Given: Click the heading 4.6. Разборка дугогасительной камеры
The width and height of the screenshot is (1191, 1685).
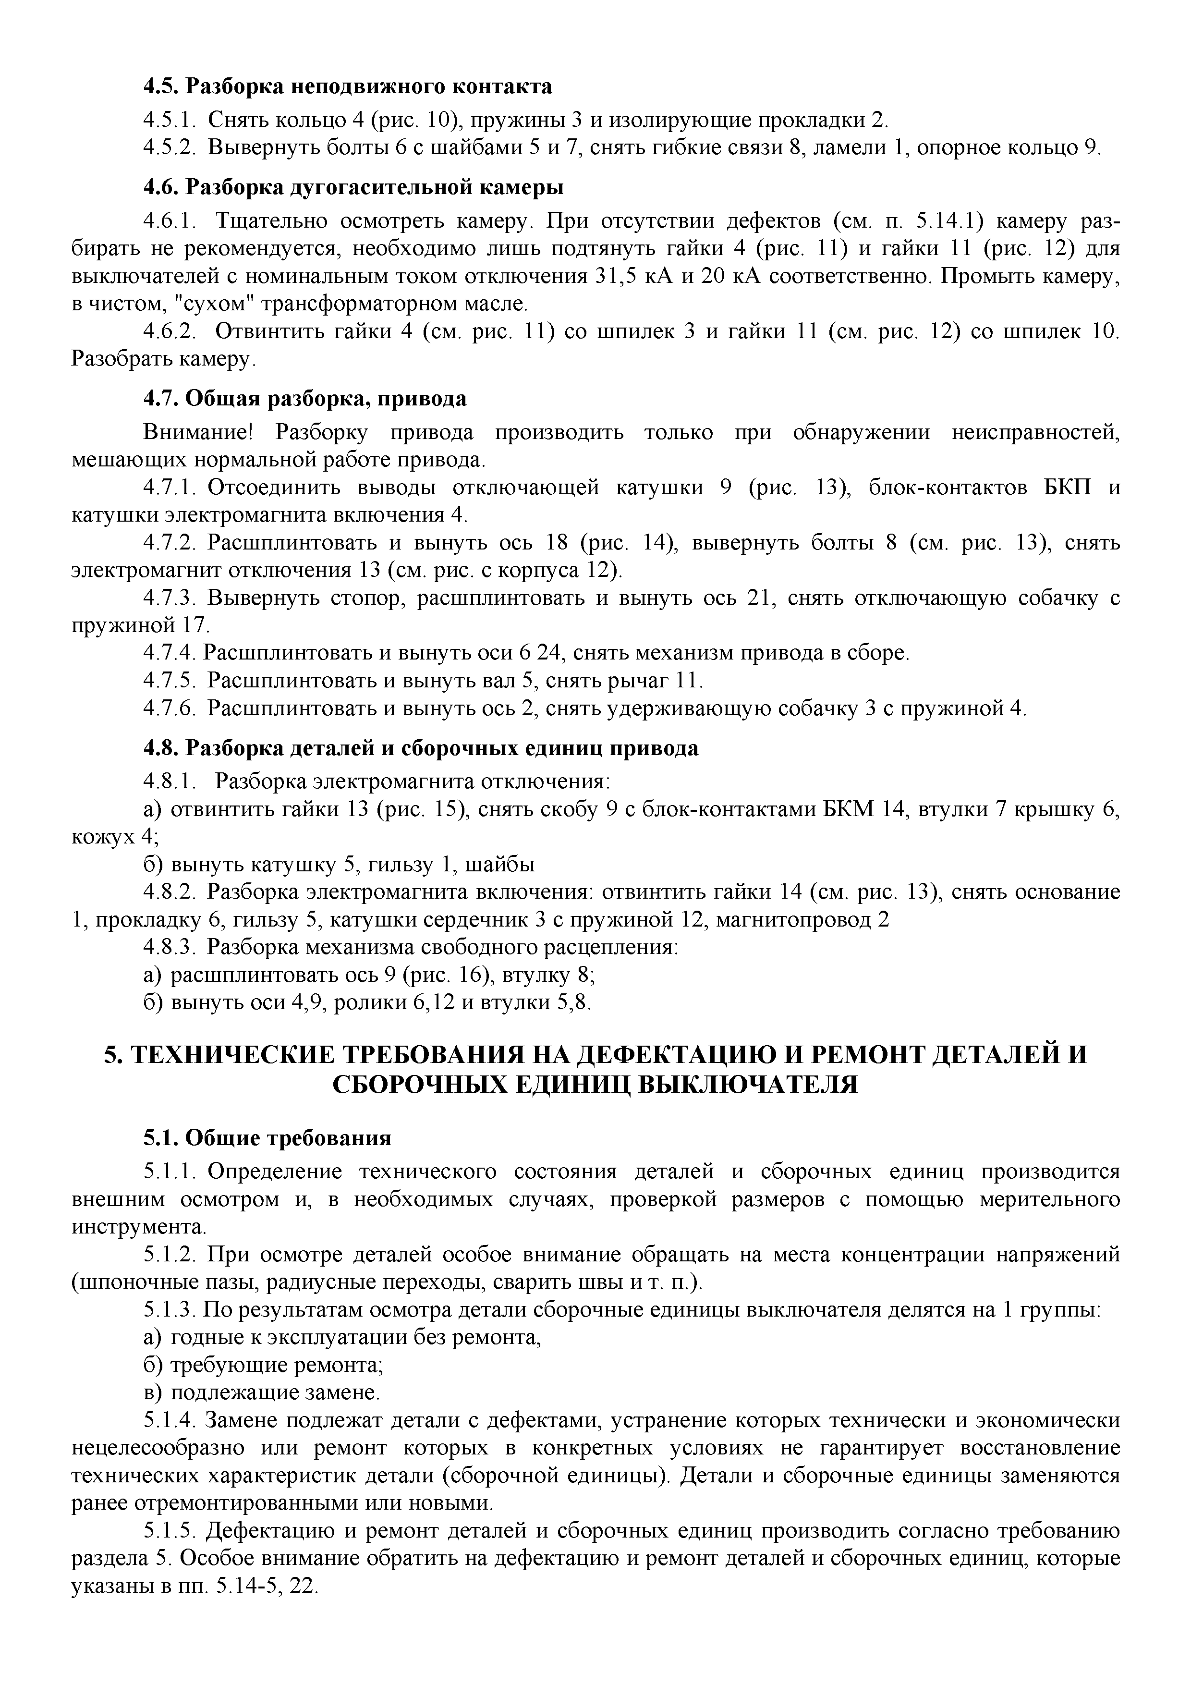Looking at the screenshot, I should point(352,187).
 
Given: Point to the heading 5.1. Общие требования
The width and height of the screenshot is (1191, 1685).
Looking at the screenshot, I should point(267,1137).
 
